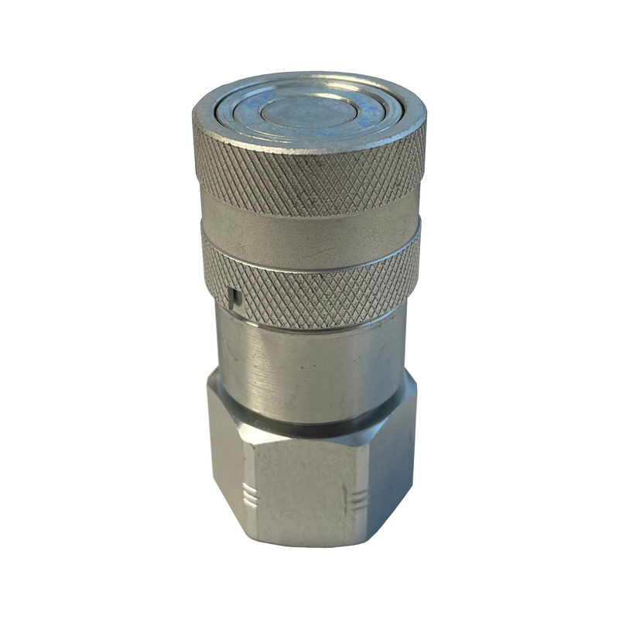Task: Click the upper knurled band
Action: coord(309,174)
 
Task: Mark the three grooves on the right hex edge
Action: coord(358,498)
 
